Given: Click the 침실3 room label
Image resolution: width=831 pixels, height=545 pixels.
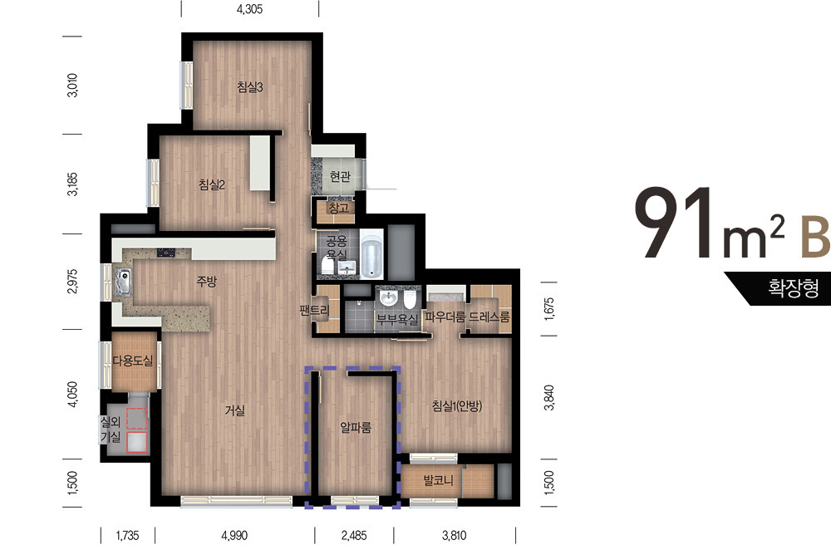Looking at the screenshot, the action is point(249,87).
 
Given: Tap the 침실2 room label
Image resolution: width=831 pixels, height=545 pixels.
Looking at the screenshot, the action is point(212,184).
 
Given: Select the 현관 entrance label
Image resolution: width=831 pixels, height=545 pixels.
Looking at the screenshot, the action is point(340,176).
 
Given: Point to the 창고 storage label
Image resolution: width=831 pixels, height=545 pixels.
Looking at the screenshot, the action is point(339,208).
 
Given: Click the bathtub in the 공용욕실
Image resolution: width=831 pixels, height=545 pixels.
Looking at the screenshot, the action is point(372,254).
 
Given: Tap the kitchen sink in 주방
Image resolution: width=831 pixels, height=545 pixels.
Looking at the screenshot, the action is point(123,282).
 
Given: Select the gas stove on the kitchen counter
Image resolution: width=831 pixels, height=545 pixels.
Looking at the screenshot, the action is point(166,253).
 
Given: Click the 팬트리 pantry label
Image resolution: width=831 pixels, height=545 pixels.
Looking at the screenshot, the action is point(314,311).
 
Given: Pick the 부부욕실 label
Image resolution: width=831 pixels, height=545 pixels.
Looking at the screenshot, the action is point(397,319).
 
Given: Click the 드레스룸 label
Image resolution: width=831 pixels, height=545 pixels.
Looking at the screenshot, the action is point(489,317).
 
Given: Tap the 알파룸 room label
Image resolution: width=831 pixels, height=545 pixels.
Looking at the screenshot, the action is point(356,427).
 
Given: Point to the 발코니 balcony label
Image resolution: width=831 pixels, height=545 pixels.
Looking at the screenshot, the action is point(438,481).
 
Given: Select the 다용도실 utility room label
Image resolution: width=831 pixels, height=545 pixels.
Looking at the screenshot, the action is point(132,361).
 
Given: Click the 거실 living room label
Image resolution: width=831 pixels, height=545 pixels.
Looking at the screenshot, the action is point(235,410).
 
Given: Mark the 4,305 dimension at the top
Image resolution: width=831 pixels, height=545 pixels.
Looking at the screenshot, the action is point(249,9).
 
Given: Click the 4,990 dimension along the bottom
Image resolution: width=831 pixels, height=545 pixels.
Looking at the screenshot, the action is point(234,536).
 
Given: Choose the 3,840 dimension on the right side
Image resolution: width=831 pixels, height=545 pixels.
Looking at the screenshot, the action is point(549,397).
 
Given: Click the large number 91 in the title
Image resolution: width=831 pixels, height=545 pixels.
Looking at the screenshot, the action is point(676,223).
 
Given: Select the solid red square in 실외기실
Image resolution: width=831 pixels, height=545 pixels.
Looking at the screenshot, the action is point(137,442).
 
